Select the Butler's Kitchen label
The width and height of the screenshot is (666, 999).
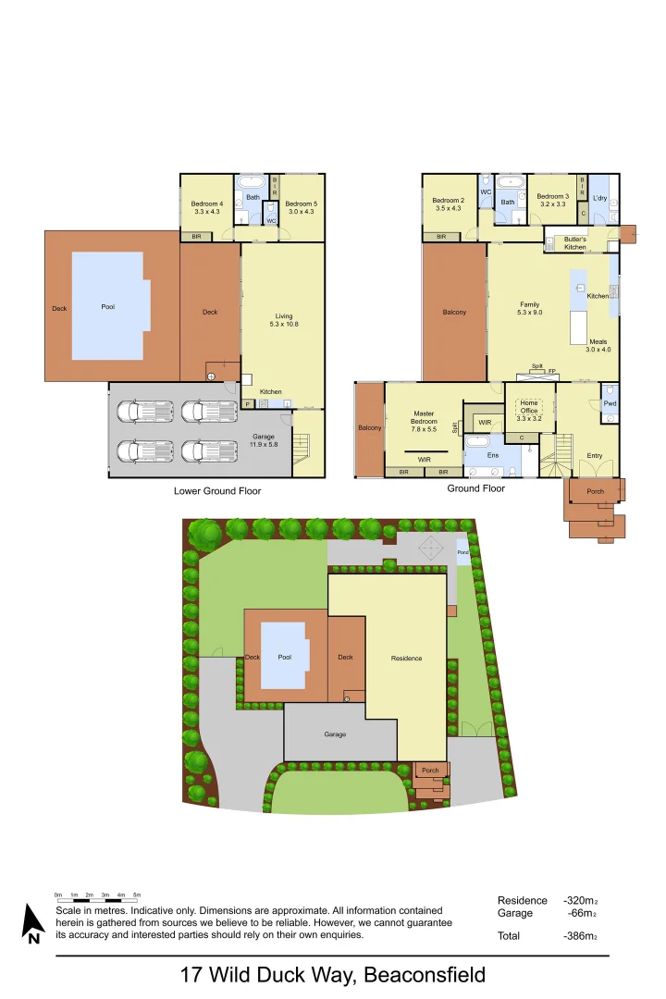(575, 243)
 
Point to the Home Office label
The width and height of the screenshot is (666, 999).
(529, 407)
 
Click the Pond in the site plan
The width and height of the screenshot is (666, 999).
(463, 552)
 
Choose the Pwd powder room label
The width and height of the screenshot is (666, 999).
(610, 403)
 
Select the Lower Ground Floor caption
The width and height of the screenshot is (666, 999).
(217, 491)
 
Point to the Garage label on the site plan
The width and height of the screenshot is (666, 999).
(335, 734)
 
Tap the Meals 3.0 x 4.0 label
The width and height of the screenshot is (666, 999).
(598, 345)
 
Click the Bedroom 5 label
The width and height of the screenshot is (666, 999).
(302, 207)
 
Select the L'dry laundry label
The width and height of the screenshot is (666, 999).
(598, 199)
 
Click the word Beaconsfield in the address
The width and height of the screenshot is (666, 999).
(425, 975)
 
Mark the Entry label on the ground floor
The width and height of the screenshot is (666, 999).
(595, 455)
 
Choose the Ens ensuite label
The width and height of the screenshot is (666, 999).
(493, 455)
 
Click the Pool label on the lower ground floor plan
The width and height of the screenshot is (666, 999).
(108, 307)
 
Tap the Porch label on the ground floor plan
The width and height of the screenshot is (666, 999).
(595, 491)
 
